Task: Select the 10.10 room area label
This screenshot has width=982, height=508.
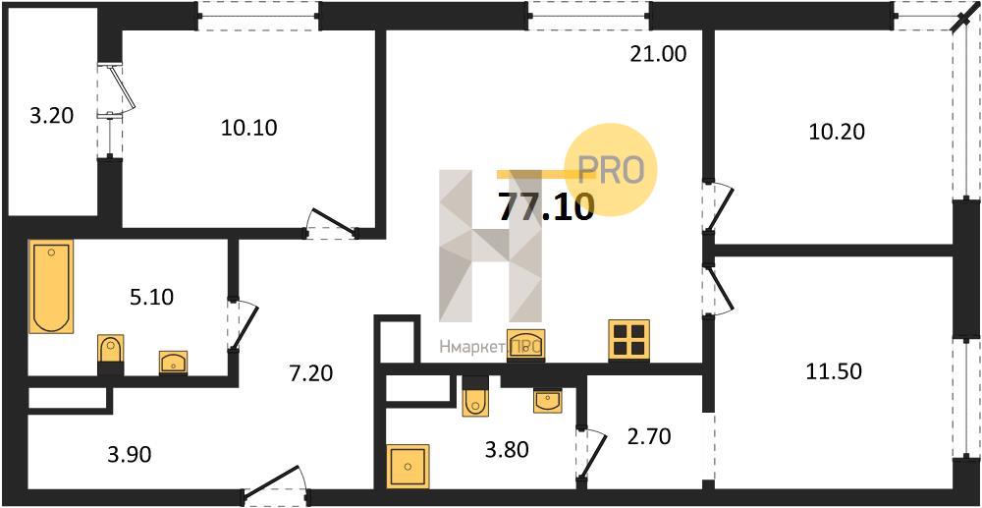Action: (248, 128)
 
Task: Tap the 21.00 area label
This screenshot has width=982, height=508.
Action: (658, 54)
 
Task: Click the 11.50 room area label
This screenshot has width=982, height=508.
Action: (834, 371)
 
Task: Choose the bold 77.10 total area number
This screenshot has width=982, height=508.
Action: (545, 207)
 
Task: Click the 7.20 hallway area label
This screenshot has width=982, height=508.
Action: (310, 374)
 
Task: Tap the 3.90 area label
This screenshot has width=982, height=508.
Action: (129, 455)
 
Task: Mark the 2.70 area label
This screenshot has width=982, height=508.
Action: (648, 436)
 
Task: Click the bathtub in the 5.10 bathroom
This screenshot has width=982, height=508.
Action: (51, 286)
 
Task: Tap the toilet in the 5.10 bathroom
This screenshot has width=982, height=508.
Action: (111, 355)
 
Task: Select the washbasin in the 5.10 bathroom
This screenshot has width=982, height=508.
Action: (174, 364)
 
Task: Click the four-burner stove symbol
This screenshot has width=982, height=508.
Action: (628, 340)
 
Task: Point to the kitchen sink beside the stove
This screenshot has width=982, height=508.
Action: (525, 345)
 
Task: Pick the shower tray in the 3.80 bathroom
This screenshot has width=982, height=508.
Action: (408, 466)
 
